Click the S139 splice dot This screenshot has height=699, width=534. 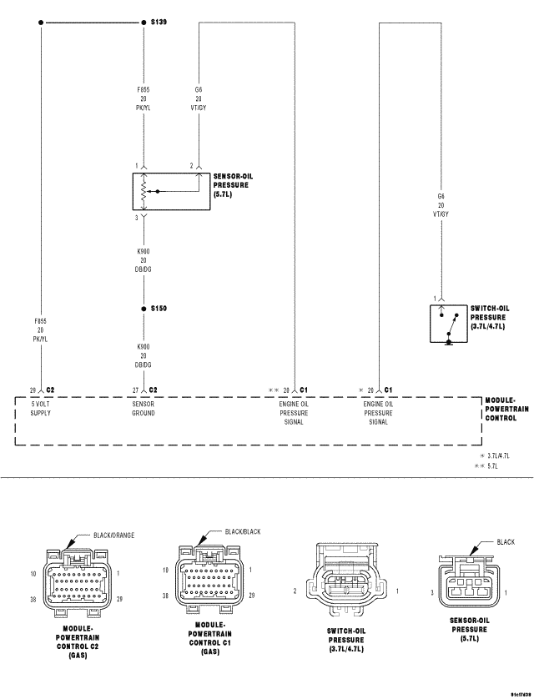click(144, 23)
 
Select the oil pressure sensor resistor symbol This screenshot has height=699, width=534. click(144, 192)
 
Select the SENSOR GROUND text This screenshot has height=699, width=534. click(143, 408)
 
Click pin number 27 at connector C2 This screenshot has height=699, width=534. click(135, 390)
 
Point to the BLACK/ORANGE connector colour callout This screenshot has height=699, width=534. click(113, 536)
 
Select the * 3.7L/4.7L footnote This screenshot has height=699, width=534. click(496, 456)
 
